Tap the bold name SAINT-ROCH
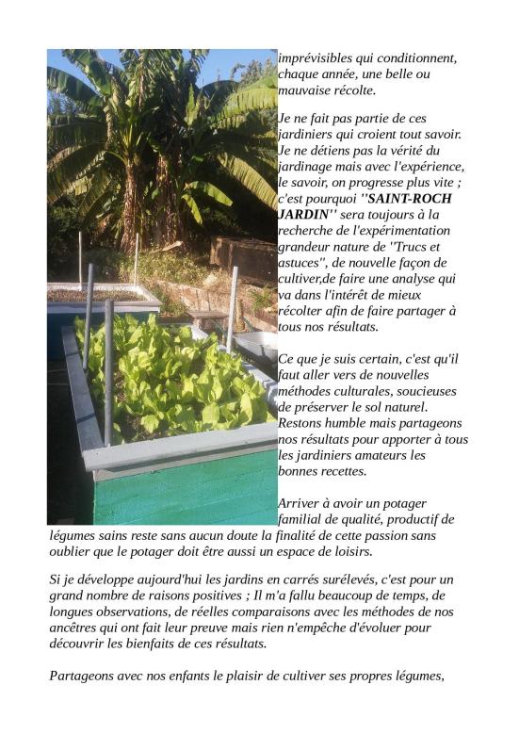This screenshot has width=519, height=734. [x=410, y=199]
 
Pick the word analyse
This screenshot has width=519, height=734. [x=412, y=279]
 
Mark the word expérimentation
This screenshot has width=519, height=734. [x=412, y=231]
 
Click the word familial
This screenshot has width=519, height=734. [x=303, y=519]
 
